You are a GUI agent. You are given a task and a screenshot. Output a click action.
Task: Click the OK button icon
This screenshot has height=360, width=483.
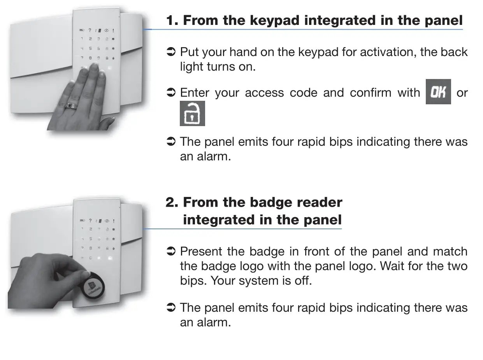point(438,92)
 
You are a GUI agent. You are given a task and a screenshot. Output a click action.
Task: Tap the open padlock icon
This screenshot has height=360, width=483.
point(192,114)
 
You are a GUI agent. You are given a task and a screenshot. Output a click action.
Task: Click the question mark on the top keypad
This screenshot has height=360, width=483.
point(90,30)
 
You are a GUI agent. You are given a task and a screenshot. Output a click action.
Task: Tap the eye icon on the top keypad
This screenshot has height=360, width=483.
point(106,30)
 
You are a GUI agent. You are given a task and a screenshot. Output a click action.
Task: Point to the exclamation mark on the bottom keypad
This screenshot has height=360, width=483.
point(113,221)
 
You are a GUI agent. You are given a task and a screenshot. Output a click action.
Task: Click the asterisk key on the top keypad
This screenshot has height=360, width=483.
point(113,49)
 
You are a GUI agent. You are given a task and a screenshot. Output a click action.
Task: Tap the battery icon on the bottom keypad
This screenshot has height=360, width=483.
point(82,221)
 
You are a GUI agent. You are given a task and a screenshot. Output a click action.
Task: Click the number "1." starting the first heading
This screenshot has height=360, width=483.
point(172,20)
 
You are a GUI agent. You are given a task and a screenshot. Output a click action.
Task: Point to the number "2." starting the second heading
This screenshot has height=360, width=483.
point(172,202)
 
